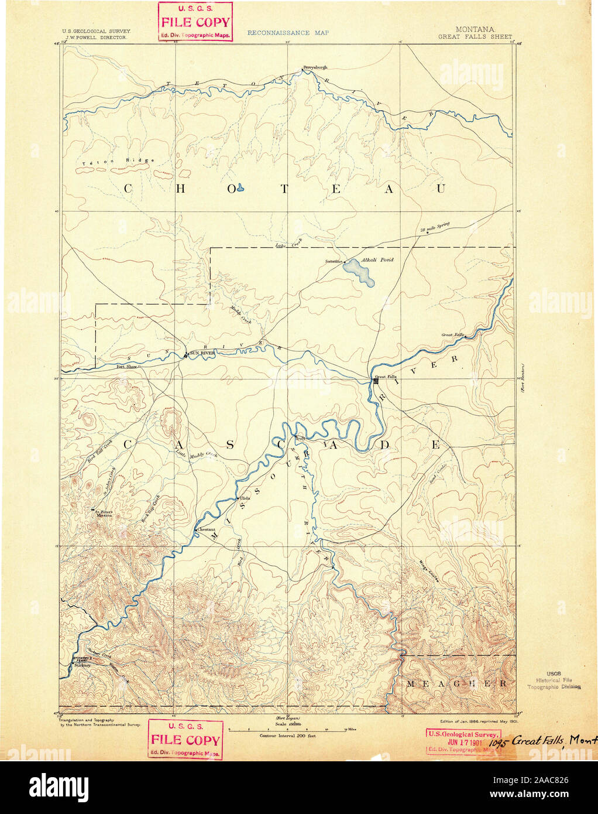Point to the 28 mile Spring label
pos(434,229)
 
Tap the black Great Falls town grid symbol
pos(376,381)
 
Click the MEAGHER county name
pos(457,683)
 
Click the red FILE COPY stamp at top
pos(195,22)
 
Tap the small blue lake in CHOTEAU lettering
pos(240,189)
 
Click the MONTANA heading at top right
pos(475,29)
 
